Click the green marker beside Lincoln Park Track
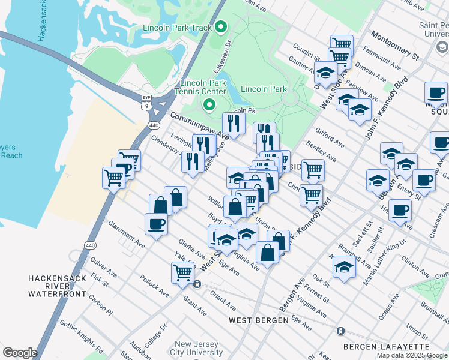tap(221, 27)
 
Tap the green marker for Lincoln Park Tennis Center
tap(209, 106)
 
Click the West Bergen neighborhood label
tap(259, 320)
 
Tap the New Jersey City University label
tap(189, 348)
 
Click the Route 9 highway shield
tap(146, 106)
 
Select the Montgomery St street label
tap(394, 44)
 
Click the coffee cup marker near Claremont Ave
tap(156, 224)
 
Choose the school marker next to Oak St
tap(344, 266)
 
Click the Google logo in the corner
tap(20, 353)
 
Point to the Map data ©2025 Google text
tap(412, 355)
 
